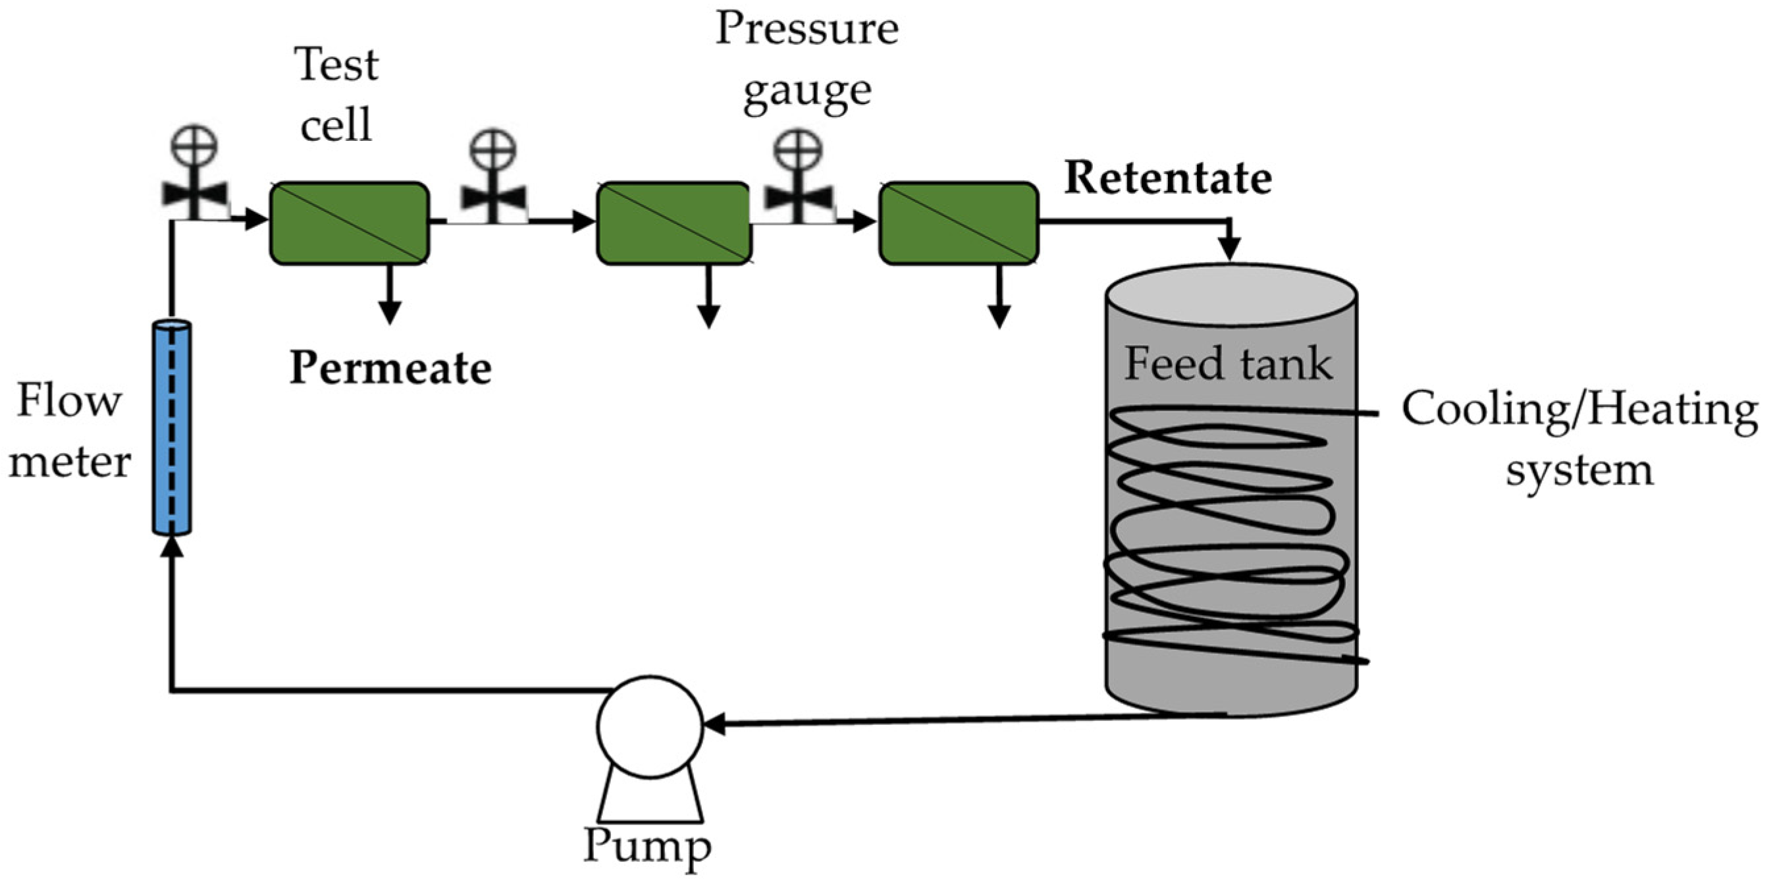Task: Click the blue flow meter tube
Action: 172,427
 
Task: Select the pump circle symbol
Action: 650,727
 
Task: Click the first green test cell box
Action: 349,223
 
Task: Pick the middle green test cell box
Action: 674,223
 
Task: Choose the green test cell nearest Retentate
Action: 959,223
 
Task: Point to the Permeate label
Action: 390,369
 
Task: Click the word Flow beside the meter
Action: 68,401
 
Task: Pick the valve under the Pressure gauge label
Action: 798,176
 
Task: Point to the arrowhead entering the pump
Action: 715,724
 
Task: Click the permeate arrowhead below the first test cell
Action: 390,313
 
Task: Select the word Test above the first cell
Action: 337,65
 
